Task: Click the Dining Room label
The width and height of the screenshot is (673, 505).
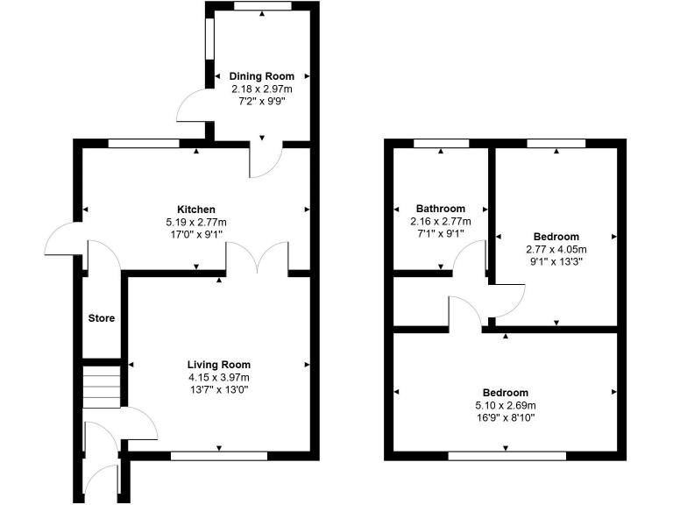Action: click(x=262, y=76)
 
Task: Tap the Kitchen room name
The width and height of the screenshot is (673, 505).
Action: click(x=196, y=210)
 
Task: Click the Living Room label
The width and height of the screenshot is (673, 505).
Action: click(x=219, y=365)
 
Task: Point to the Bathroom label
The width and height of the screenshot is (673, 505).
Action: click(x=441, y=209)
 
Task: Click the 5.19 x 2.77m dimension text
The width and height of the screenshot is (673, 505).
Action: click(x=196, y=223)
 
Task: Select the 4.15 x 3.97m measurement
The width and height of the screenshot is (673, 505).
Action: click(x=219, y=378)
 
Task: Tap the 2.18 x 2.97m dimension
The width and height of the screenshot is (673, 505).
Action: click(x=262, y=89)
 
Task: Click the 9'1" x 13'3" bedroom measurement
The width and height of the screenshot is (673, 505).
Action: click(x=556, y=262)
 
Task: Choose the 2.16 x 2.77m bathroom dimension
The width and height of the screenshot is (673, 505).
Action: click(x=441, y=222)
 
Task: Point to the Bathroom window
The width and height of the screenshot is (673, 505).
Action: click(x=440, y=141)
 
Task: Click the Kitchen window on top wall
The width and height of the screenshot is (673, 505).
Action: click(x=143, y=142)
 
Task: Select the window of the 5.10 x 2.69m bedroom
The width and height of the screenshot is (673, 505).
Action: click(x=507, y=455)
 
